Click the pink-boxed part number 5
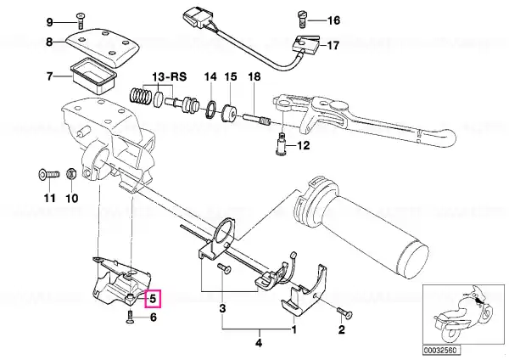click(153, 298)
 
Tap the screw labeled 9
click(80, 20)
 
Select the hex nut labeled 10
click(70, 174)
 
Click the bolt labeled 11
click(49, 175)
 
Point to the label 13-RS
click(169, 76)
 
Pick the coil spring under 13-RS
click(140, 96)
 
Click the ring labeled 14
click(211, 110)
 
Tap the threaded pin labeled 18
click(256, 119)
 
